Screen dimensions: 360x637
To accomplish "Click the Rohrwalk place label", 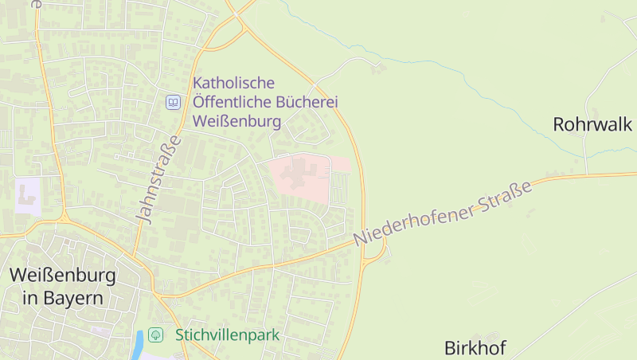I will click(592, 124).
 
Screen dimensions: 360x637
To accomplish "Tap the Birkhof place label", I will click(475, 347).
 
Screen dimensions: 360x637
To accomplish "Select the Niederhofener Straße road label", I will click(443, 213).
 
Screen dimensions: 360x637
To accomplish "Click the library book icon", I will click(173, 102).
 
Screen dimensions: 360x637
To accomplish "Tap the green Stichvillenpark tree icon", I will click(156, 335).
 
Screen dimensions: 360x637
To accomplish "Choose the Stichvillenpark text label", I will click(227, 335).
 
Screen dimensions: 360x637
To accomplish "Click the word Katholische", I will click(234, 83).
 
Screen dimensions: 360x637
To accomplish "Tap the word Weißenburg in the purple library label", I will click(237, 122).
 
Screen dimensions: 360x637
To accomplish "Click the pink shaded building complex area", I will click(307, 177).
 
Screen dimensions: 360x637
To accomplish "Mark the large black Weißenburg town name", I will click(62, 276).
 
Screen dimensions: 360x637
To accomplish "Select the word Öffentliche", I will click(229, 102).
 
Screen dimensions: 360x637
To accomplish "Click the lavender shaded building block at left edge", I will click(27, 195).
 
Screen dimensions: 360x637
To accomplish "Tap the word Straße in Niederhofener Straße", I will click(506, 196).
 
